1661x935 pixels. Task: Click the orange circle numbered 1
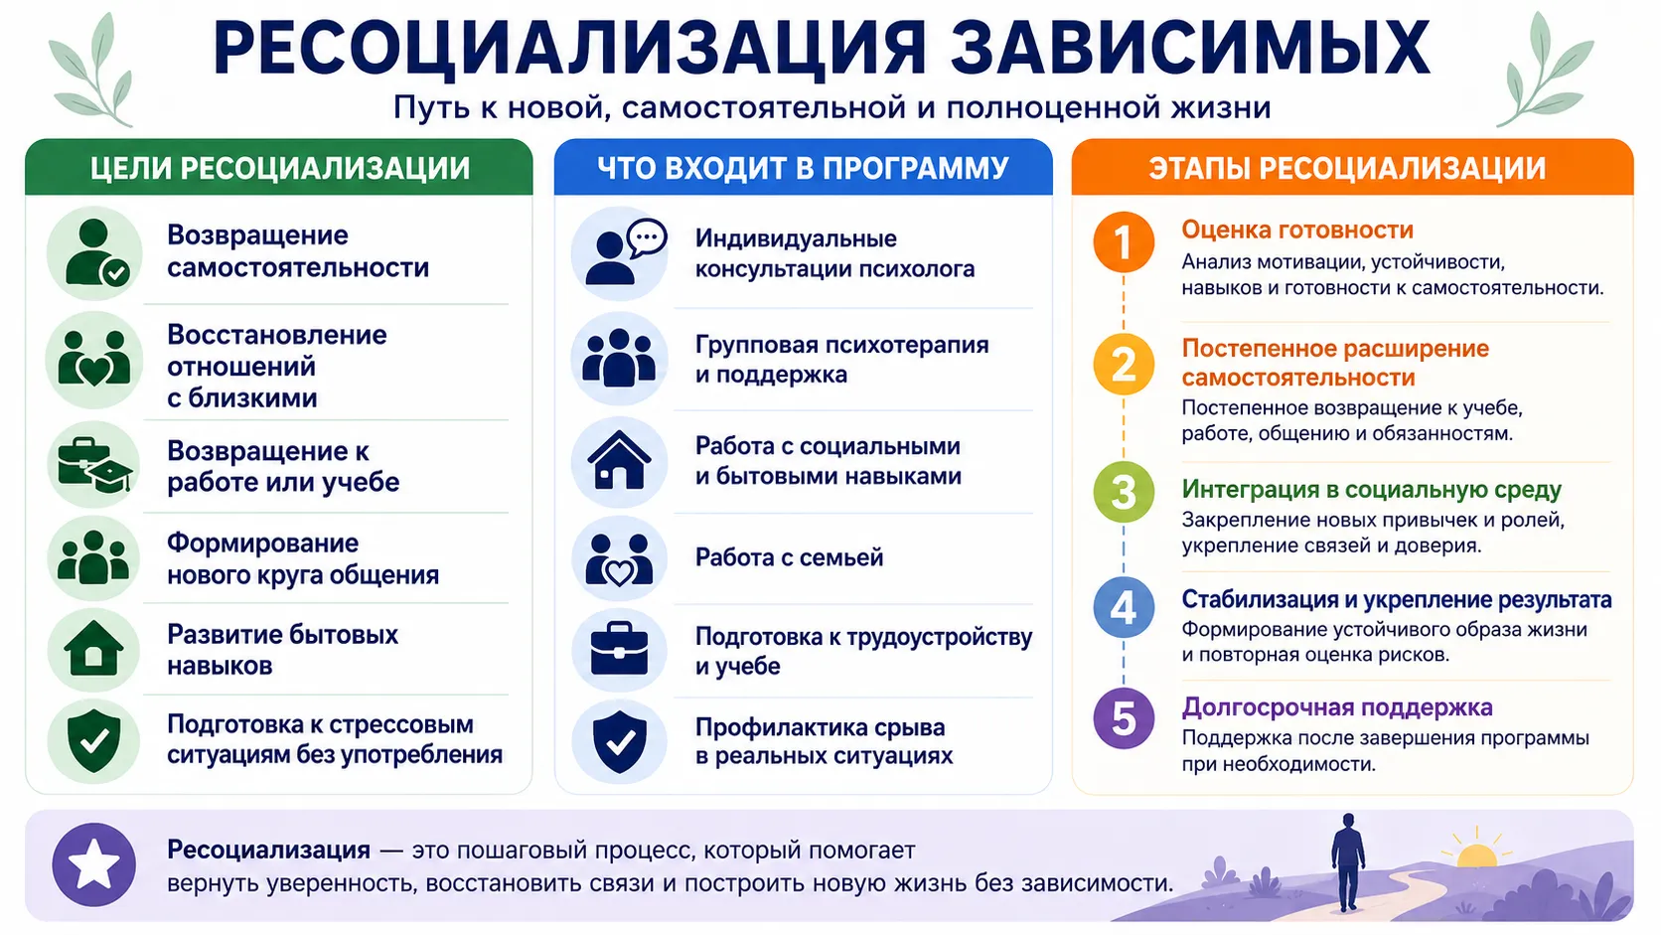point(1124,242)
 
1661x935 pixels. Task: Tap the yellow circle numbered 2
point(1124,364)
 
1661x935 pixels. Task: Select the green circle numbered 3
point(1124,492)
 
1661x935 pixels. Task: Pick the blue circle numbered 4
point(1124,607)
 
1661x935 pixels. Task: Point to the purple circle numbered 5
point(1124,718)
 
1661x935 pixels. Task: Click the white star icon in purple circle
point(93,864)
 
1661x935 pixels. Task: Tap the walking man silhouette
point(1347,862)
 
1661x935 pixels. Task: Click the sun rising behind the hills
point(1476,853)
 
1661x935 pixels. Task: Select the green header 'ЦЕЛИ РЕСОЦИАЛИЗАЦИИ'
point(279,168)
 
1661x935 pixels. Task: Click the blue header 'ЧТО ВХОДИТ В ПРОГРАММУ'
point(803,168)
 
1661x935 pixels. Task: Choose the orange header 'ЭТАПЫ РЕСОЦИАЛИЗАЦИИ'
point(1352,168)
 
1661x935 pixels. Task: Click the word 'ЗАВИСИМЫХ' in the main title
point(1190,49)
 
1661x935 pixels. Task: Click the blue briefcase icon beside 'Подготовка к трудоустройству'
point(619,649)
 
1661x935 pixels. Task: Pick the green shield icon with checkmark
point(93,740)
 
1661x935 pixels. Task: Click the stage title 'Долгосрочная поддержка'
point(1337,707)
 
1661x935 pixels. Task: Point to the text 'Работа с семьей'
point(789,557)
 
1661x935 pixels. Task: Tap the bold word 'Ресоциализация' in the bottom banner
point(268,850)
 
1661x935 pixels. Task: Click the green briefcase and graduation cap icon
point(94,465)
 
